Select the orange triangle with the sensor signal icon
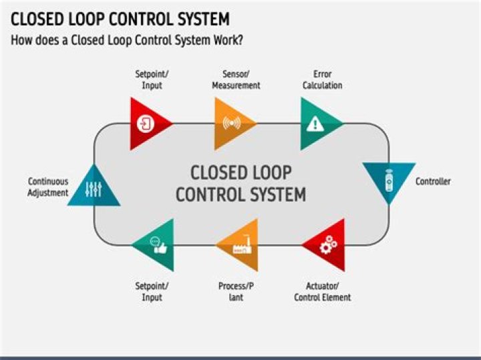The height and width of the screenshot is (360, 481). (231, 124)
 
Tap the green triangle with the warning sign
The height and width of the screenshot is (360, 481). (317, 124)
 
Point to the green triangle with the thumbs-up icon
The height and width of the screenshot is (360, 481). (156, 246)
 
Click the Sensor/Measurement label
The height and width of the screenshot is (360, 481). (236, 79)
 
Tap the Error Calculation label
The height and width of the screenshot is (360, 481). (322, 79)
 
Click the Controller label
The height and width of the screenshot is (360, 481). (433, 181)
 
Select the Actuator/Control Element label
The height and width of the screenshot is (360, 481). (323, 291)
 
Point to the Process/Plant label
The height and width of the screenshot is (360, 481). (236, 291)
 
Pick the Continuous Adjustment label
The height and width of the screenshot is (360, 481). (48, 187)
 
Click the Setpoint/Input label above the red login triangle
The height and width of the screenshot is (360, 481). (152, 79)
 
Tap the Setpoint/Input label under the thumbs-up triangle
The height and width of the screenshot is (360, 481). (152, 291)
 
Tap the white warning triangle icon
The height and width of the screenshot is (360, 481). (315, 124)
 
